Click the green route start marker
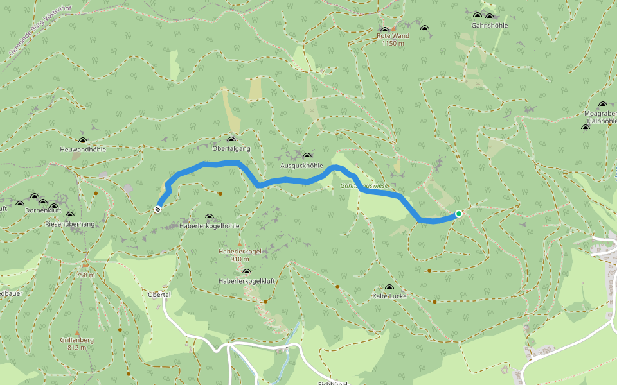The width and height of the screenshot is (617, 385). [x=458, y=213]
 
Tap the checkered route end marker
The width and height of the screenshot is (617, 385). [x=157, y=209]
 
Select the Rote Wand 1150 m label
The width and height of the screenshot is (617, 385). [x=393, y=40]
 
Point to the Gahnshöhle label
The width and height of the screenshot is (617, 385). [x=489, y=26]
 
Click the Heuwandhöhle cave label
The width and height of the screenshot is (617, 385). [x=82, y=150]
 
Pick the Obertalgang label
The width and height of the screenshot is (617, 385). [x=231, y=149]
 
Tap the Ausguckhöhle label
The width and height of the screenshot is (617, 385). [x=301, y=166]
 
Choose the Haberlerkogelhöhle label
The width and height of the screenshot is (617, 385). [x=210, y=226]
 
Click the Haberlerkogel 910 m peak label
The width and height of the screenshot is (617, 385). [x=240, y=255]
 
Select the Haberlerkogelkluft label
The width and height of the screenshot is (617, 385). [x=246, y=281]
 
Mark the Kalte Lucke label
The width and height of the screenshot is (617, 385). [x=389, y=296]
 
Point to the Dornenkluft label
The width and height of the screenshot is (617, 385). [x=43, y=210]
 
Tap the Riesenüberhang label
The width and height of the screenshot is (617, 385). [x=69, y=224]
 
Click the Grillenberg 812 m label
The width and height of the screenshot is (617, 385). [x=77, y=343]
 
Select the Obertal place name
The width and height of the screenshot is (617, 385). [x=159, y=295]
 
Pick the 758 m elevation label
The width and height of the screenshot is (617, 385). [x=86, y=275]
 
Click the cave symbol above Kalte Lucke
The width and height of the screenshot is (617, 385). [x=389, y=287]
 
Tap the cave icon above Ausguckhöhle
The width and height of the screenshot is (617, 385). [x=307, y=156]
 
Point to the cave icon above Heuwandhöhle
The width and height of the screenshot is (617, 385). [x=82, y=141]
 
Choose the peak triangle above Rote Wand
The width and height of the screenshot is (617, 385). [x=393, y=29]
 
